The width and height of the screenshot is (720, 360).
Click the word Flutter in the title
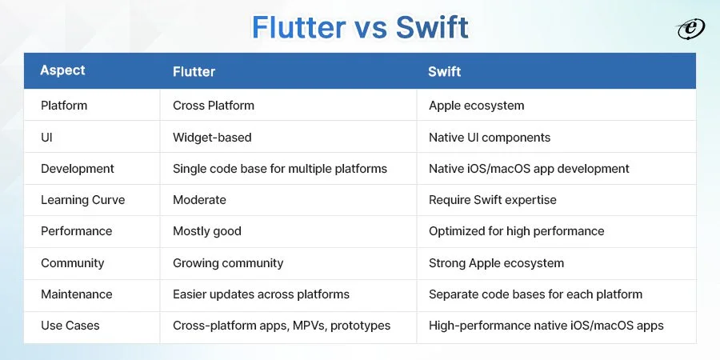(299, 27)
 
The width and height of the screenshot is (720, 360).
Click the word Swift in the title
(432, 27)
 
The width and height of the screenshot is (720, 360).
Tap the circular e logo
(691, 30)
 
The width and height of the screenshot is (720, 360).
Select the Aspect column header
(62, 70)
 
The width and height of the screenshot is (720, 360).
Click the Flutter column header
(194, 72)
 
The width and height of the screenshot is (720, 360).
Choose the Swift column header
(445, 72)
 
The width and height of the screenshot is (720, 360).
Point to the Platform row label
(64, 105)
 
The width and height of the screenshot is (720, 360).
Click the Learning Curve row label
(82, 200)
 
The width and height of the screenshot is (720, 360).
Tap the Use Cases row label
(70, 326)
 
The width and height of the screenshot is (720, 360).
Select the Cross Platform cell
(214, 105)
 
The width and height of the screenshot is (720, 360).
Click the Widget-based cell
(212, 138)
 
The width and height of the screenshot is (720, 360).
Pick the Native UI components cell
(490, 138)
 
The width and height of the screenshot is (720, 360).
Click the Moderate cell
(199, 200)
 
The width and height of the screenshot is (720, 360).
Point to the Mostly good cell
(207, 231)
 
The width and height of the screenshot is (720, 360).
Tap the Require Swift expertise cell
(493, 200)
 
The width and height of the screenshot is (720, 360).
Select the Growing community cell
(228, 263)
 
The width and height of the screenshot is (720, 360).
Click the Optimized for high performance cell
(517, 231)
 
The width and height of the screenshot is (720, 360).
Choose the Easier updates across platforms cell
(261, 294)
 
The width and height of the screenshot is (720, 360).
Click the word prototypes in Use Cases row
(361, 326)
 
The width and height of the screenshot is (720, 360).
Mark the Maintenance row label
(77, 294)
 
